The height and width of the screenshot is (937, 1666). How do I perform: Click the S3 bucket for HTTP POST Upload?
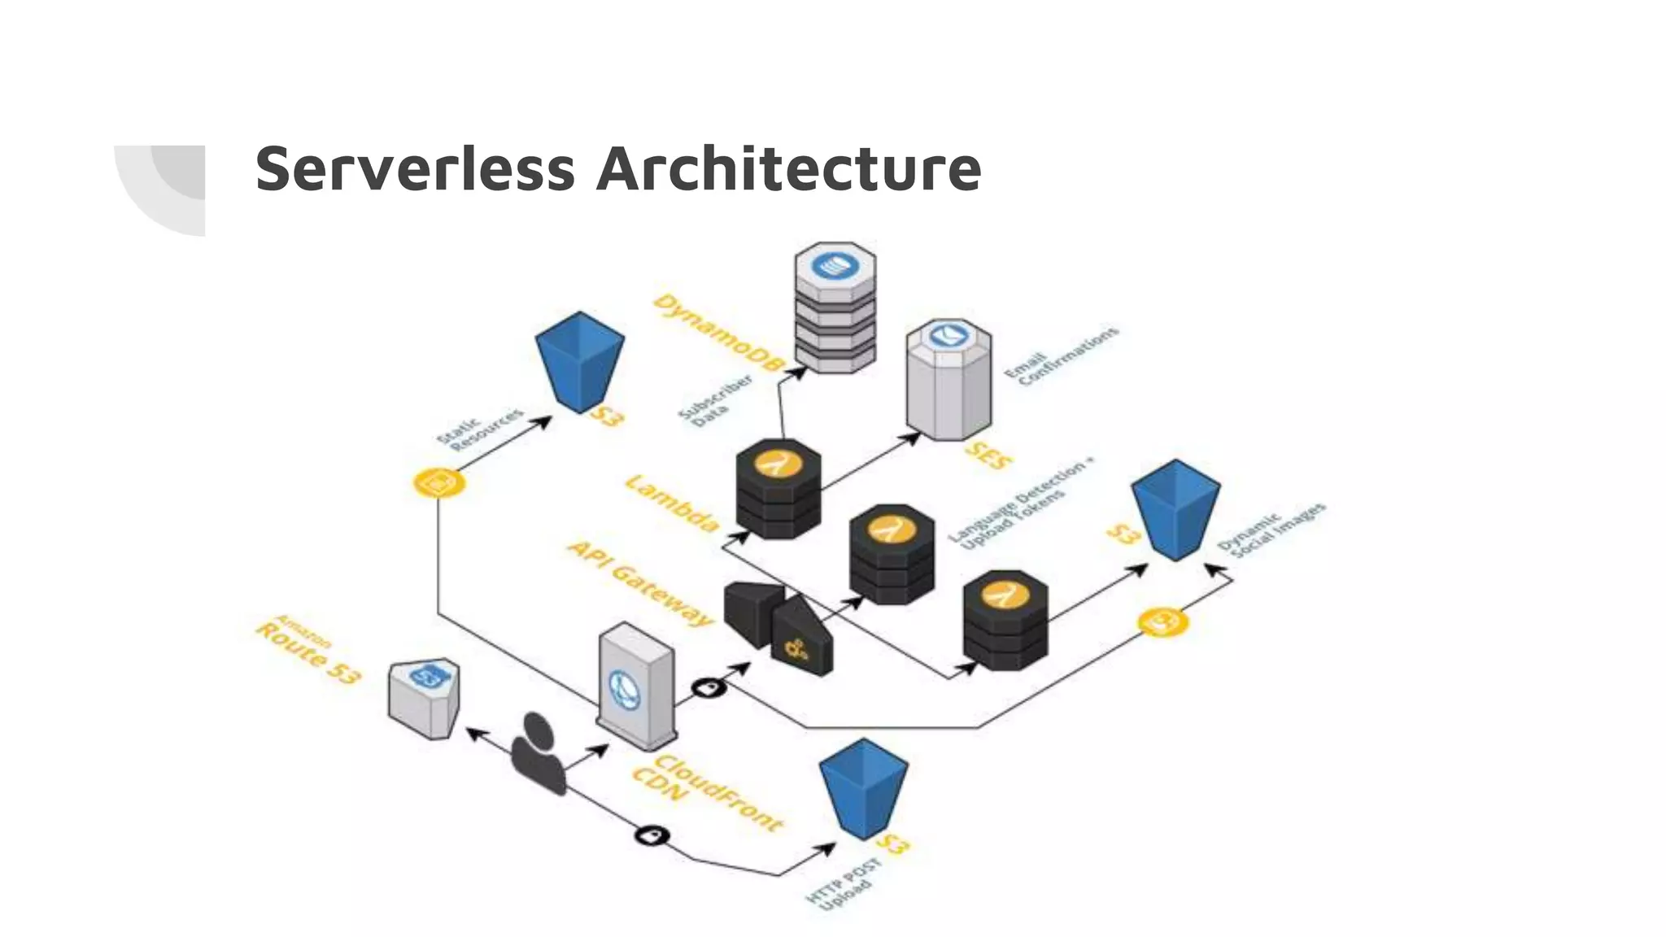coord(863,787)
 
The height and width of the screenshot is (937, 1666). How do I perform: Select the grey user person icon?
coord(538,752)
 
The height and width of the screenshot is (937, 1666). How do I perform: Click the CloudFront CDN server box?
coord(636,686)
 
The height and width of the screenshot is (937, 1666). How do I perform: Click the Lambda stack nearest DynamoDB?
coord(778,489)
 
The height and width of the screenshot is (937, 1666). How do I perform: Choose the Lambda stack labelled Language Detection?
coord(892,554)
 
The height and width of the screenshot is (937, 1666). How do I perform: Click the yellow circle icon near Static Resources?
coord(439,483)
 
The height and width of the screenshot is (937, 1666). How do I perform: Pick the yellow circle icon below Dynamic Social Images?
coord(1162,622)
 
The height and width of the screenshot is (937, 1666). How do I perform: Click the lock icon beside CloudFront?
coord(709,688)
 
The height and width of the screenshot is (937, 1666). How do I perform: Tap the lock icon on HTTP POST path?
coord(652,835)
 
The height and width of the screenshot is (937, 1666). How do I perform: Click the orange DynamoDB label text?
coord(716,333)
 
